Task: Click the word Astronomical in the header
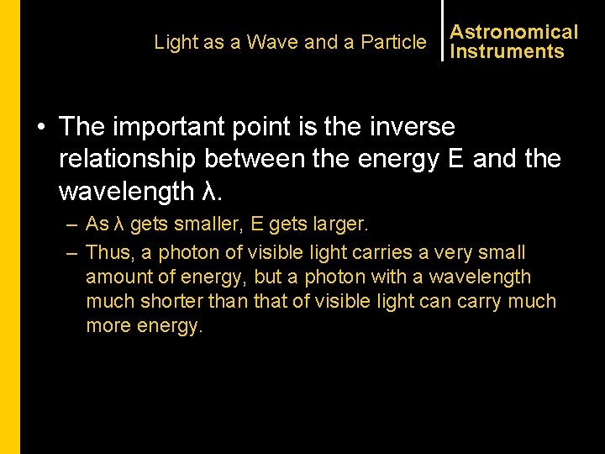click(513, 32)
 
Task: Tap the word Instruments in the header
click(507, 51)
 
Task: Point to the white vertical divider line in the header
click(442, 30)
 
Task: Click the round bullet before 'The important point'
click(40, 128)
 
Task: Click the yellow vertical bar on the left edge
click(9, 227)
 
